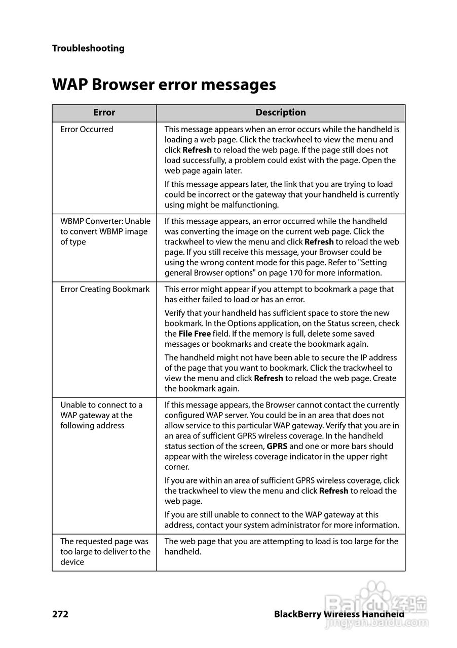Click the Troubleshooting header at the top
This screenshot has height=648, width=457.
point(88,49)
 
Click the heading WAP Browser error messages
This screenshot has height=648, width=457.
point(164,84)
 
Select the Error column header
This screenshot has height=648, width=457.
point(104,113)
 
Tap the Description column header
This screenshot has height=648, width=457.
point(280,113)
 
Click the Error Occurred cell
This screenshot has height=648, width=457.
point(87,130)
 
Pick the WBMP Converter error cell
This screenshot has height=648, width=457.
point(105,231)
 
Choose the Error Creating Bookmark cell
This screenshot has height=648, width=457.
point(105,290)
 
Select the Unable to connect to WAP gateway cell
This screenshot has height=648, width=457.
point(101,415)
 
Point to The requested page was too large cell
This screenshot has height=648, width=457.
point(105,552)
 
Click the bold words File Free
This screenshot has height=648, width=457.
point(195,334)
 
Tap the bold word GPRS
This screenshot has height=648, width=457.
point(277,447)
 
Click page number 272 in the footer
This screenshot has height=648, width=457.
point(60,615)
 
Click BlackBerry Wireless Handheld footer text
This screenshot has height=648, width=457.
point(339,615)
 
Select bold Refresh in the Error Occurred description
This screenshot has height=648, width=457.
point(197,150)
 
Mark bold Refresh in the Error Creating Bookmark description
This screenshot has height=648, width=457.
point(268,379)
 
